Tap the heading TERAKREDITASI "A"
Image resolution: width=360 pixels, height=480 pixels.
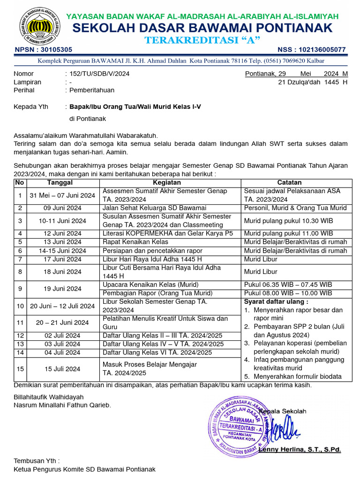(x=202, y=40)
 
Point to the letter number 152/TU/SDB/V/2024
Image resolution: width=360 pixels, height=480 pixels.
(x=99, y=74)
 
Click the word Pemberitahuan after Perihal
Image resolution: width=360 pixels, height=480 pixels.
(x=92, y=90)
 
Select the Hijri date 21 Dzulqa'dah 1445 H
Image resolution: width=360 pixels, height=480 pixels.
(x=313, y=82)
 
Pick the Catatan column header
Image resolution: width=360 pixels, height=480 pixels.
(x=289, y=182)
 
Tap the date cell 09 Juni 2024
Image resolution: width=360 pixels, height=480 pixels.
(x=62, y=208)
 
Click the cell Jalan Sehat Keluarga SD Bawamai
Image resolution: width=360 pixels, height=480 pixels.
(x=154, y=208)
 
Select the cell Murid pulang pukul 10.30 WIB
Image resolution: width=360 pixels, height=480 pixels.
(x=288, y=220)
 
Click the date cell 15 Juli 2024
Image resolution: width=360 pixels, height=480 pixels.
(x=62, y=369)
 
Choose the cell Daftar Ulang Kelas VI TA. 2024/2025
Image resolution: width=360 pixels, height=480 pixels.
(x=157, y=352)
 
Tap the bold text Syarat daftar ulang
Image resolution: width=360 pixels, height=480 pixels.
(x=276, y=301)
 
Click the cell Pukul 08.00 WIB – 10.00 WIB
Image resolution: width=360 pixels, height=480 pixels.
(x=288, y=293)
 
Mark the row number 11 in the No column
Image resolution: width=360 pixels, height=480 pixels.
(x=20, y=322)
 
